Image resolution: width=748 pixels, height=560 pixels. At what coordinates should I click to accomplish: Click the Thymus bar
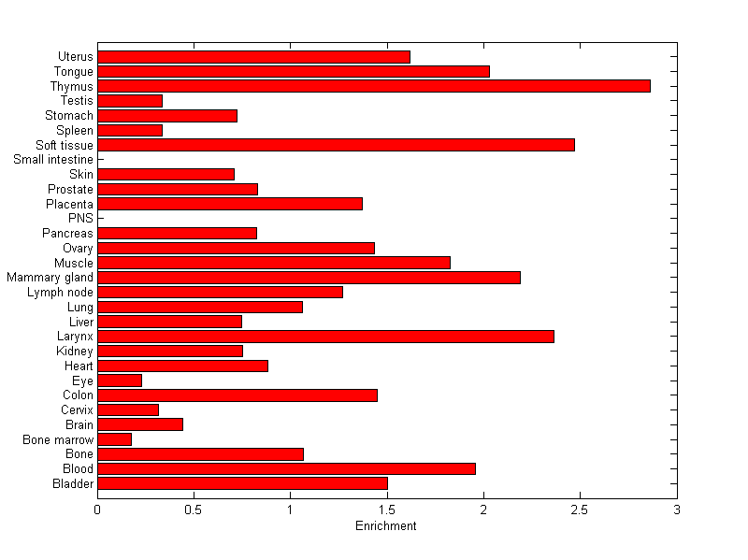[x=374, y=86]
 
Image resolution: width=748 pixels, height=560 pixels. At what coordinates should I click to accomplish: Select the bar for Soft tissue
[x=336, y=145]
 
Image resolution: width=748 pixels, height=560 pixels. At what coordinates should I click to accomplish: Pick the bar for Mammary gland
[x=309, y=278]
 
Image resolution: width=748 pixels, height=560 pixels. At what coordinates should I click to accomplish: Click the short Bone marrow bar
[x=114, y=439]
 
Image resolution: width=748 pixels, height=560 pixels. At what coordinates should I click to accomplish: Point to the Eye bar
[x=120, y=381]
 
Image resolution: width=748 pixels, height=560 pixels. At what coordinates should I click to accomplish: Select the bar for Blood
[x=286, y=468]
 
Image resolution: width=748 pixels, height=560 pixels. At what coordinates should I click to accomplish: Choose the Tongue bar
[x=294, y=71]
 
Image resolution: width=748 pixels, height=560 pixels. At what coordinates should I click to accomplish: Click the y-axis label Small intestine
[x=53, y=160]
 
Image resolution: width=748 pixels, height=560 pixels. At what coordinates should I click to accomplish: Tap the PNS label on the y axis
[x=80, y=219]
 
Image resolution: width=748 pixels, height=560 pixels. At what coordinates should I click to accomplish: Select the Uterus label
[x=75, y=57]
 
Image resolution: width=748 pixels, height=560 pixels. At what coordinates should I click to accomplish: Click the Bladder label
[x=73, y=483]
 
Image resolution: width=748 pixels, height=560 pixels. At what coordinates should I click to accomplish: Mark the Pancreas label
[x=67, y=233]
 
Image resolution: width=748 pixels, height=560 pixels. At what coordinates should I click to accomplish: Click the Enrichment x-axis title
[x=386, y=526]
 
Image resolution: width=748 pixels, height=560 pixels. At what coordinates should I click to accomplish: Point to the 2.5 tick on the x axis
[x=580, y=510]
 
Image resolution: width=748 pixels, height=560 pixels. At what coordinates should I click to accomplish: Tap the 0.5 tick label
[x=194, y=510]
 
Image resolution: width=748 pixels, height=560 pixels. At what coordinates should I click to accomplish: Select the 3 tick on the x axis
[x=676, y=510]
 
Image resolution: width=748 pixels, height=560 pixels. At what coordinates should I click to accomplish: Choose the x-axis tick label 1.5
[x=386, y=510]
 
